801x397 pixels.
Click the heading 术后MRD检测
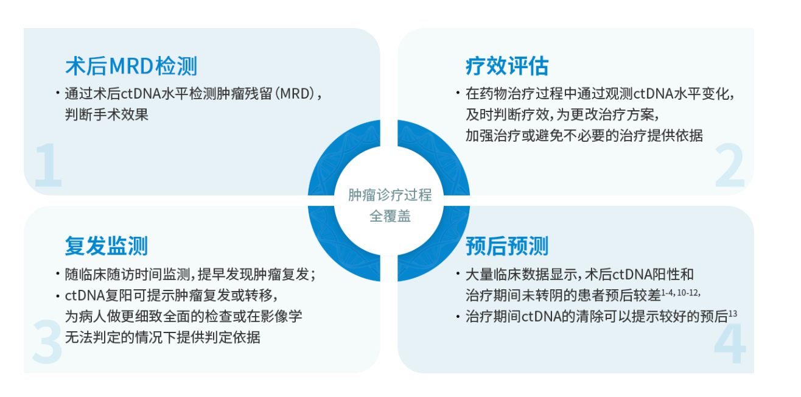point(131,66)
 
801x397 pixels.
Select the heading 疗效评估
point(507,66)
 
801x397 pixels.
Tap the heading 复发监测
point(106,246)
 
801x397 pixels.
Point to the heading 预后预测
point(507,246)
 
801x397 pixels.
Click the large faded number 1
point(48,165)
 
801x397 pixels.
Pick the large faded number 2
point(729,165)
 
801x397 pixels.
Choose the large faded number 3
point(47,342)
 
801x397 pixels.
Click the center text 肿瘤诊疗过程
point(390,195)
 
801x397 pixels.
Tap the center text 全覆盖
point(390,216)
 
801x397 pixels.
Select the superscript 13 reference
point(733,314)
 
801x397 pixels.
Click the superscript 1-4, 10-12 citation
point(680,293)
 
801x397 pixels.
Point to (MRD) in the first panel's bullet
point(295,94)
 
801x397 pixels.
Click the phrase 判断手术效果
point(107,114)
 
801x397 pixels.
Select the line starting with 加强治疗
point(584,136)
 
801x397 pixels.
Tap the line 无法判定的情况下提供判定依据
point(163,337)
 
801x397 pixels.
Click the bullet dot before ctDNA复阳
point(58,296)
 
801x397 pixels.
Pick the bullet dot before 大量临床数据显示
point(458,275)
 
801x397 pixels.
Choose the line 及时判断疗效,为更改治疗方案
point(562,114)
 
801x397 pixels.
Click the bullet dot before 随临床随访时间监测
point(58,274)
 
